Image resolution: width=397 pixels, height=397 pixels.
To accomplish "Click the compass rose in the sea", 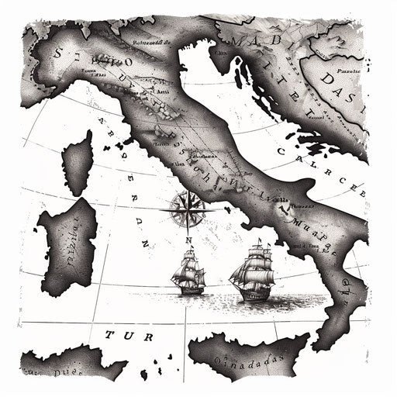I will click(186, 205).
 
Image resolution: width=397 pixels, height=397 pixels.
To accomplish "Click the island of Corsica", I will click(78, 164).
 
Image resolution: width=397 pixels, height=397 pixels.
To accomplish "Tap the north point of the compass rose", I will click(186, 191).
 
